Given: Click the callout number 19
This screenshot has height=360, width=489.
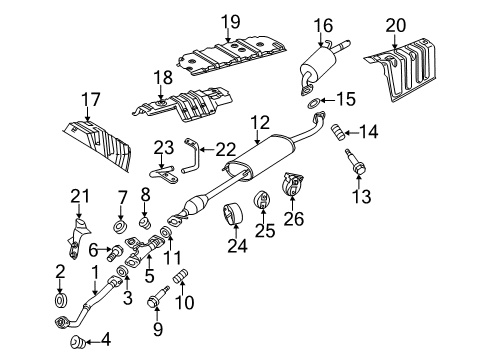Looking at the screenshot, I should pyautogui.click(x=230, y=21).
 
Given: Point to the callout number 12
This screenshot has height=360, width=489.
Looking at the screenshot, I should pyautogui.click(x=260, y=122).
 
